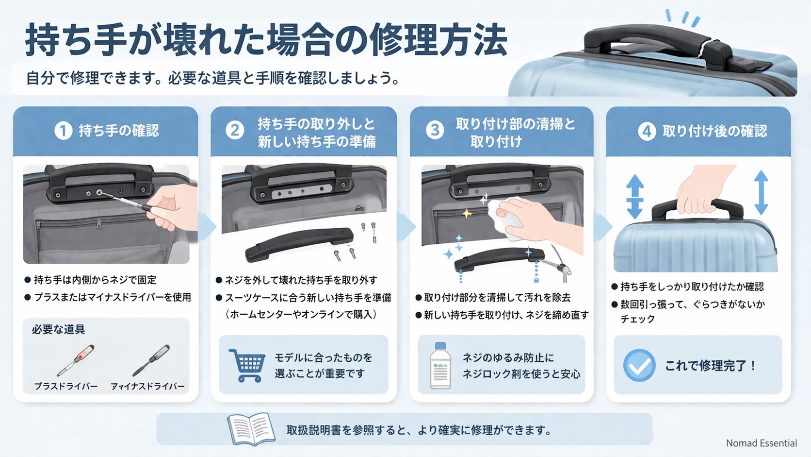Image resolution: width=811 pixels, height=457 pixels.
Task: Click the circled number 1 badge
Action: [63, 131]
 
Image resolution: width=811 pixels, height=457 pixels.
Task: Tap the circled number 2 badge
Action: [235, 131]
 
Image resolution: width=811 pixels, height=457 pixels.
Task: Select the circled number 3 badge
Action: [435, 130]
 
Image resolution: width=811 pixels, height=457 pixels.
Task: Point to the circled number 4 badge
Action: [647, 131]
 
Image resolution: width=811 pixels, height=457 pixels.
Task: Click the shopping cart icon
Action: [247, 365]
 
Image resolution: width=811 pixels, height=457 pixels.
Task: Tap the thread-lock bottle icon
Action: [440, 366]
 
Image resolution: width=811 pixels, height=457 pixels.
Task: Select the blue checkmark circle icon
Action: [639, 365]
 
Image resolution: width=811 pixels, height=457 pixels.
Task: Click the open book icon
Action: [251, 429]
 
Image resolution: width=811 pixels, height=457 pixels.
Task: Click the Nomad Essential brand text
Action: [761, 443]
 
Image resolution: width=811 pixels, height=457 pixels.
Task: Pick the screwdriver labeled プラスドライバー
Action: [76, 360]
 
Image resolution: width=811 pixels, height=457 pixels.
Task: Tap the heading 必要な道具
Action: [58, 330]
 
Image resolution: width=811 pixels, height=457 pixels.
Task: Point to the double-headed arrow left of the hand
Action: [634, 196]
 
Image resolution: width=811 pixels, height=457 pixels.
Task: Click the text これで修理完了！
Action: [710, 366]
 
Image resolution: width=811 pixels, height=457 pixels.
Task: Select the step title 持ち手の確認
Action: [119, 131]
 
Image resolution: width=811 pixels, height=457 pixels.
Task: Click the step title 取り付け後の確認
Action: [714, 131]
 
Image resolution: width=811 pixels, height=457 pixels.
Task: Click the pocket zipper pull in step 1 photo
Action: [99, 224]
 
